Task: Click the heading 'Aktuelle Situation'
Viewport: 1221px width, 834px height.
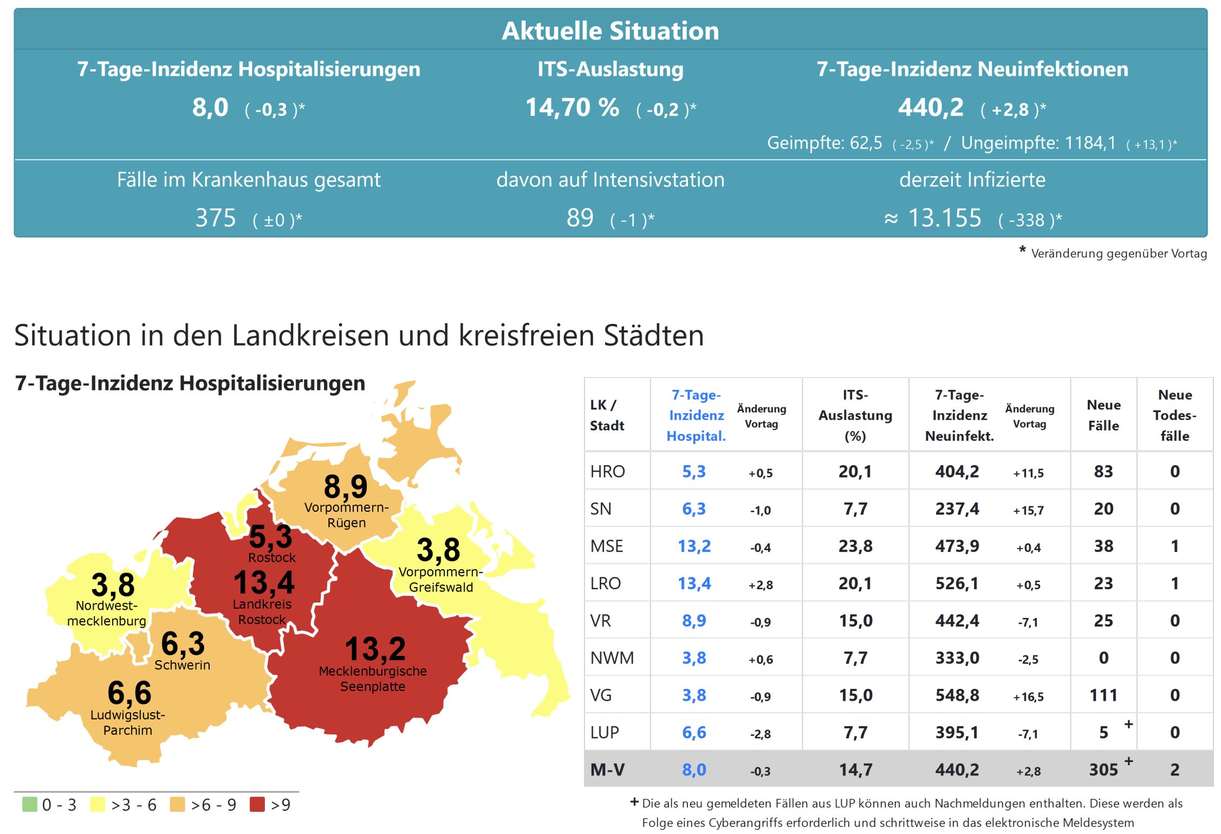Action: tap(610, 31)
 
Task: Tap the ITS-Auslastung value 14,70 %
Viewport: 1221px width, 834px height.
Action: tap(572, 107)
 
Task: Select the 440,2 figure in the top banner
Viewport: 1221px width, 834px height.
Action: tap(931, 107)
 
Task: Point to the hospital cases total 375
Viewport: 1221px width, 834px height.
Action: tap(216, 218)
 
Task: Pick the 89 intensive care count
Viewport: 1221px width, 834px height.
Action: tap(580, 218)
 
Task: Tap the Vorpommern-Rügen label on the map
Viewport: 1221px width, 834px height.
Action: tap(346, 515)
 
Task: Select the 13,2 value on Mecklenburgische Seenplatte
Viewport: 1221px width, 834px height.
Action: tap(375, 649)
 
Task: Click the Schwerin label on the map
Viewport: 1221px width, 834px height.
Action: tap(182, 665)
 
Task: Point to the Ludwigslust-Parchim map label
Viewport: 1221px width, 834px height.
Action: tap(128, 722)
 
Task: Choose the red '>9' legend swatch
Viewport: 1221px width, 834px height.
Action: tap(257, 804)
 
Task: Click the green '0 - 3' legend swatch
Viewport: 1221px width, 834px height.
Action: tap(30, 804)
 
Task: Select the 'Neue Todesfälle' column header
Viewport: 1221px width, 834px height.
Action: tap(1174, 415)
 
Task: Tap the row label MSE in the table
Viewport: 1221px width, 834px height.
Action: tap(607, 546)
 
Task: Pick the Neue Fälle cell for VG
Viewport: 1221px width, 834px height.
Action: tap(1103, 695)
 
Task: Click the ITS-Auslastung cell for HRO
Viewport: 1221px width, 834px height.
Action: tap(855, 471)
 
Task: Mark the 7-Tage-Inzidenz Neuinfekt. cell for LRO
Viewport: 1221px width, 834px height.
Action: tap(957, 583)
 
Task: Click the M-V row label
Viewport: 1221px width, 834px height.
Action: tap(607, 770)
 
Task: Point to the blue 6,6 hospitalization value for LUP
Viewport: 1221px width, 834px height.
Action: tap(694, 732)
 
